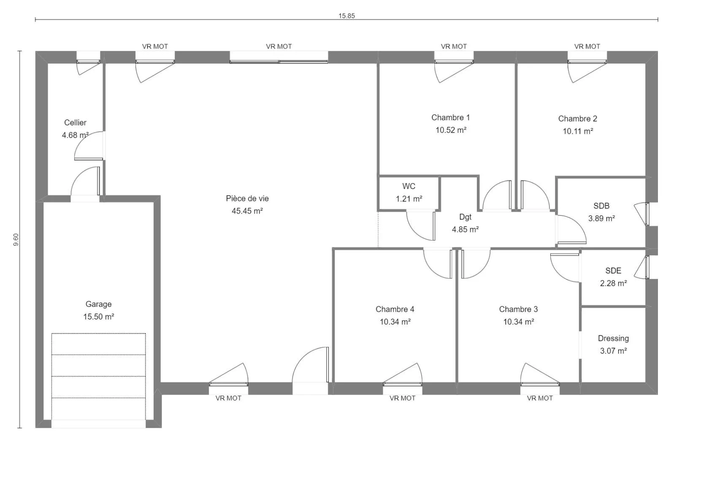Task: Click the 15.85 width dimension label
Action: tap(346, 16)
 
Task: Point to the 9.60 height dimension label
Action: tap(16, 240)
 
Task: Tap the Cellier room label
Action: tap(75, 122)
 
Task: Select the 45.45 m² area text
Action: tap(247, 211)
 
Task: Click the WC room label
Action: tap(409, 186)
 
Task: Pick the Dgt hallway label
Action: tap(465, 217)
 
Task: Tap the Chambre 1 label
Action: tap(451, 117)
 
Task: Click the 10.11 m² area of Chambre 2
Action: tap(578, 131)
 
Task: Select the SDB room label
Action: tap(601, 206)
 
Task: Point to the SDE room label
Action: tap(613, 271)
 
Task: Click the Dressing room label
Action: tap(614, 338)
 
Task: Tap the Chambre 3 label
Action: tap(518, 309)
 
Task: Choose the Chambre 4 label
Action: tap(395, 309)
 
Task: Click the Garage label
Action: tap(98, 304)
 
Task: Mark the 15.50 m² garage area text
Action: tap(98, 317)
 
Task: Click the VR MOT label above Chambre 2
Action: tap(587, 46)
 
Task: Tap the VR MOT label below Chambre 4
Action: tap(402, 398)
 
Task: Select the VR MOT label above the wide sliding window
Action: tap(279, 46)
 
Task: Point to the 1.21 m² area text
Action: tap(409, 199)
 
